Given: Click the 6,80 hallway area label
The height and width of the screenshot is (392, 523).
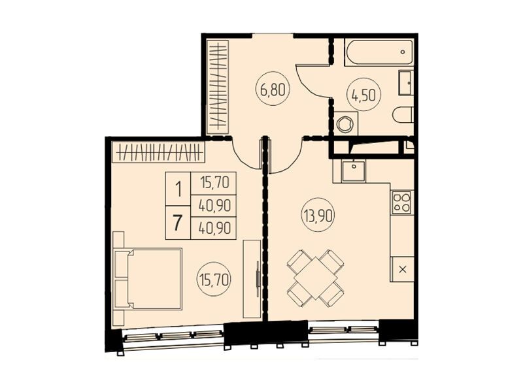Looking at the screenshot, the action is (x=273, y=90).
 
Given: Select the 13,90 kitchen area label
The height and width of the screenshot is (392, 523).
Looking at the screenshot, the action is (x=318, y=216).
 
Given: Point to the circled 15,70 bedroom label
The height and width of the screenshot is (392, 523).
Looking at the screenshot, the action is (x=214, y=280).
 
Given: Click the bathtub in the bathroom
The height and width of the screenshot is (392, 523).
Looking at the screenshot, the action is (x=379, y=52).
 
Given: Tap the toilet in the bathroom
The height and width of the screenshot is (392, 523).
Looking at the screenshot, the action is (x=403, y=115).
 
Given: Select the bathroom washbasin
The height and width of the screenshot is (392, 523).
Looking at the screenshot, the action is (x=406, y=83).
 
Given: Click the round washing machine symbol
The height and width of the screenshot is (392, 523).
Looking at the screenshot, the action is (x=345, y=123).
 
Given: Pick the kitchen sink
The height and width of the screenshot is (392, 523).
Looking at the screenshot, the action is (x=353, y=171).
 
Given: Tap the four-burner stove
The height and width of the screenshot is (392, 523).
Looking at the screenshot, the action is (x=402, y=203).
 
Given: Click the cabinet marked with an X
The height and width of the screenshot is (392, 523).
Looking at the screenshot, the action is (x=402, y=269).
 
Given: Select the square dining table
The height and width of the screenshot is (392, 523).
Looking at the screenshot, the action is (x=316, y=278).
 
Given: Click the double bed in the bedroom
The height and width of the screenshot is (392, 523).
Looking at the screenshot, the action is (x=148, y=279).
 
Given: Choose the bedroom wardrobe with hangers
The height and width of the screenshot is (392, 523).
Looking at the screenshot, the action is (x=158, y=152).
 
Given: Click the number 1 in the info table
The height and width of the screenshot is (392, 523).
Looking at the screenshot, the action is (x=178, y=189).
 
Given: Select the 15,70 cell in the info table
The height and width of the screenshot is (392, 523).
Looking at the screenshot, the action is (x=214, y=183).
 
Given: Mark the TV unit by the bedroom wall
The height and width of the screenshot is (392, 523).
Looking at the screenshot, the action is (x=252, y=278).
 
